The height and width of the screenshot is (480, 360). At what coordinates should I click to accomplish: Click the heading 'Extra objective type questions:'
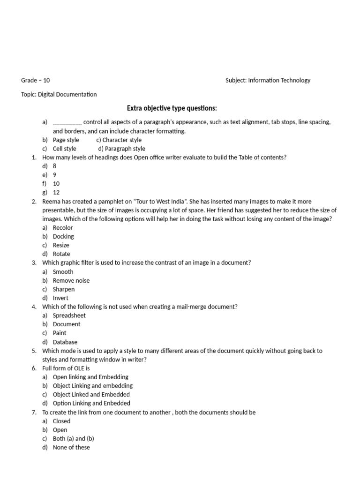[x=172, y=108]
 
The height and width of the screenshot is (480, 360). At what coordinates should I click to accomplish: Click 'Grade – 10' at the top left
[x=36, y=80]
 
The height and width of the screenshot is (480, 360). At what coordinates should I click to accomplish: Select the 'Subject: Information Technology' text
[x=268, y=80]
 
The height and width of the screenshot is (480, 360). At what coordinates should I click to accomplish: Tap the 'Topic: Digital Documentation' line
[x=59, y=94]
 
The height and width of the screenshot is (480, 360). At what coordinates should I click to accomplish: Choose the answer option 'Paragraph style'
[x=122, y=149]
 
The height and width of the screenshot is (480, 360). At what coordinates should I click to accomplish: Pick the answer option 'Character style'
[x=119, y=140]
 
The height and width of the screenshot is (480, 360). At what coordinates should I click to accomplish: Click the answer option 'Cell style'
[x=64, y=149]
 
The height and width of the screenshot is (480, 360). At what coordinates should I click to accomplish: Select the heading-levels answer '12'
[x=56, y=192]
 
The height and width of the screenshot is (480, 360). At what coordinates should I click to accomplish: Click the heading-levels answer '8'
[x=55, y=166]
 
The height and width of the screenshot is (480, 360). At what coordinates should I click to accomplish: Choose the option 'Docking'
[x=63, y=236]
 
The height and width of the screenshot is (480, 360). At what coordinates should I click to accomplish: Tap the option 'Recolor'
[x=63, y=227]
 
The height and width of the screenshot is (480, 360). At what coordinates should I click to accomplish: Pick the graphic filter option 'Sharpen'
[x=64, y=289]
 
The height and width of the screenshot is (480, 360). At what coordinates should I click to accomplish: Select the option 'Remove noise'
[x=71, y=280]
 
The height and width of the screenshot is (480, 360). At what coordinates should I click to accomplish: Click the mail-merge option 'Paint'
[x=60, y=333]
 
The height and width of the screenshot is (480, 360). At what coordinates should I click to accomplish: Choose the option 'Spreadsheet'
[x=69, y=315]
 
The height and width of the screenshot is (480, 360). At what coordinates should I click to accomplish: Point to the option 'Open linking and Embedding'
[x=90, y=377]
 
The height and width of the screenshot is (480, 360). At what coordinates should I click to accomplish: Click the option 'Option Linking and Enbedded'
[x=91, y=403]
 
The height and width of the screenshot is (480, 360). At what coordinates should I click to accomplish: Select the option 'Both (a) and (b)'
[x=74, y=439]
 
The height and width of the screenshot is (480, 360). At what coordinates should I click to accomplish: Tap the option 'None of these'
[x=71, y=447]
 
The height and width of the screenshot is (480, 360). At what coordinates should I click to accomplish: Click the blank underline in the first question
[x=67, y=122]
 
